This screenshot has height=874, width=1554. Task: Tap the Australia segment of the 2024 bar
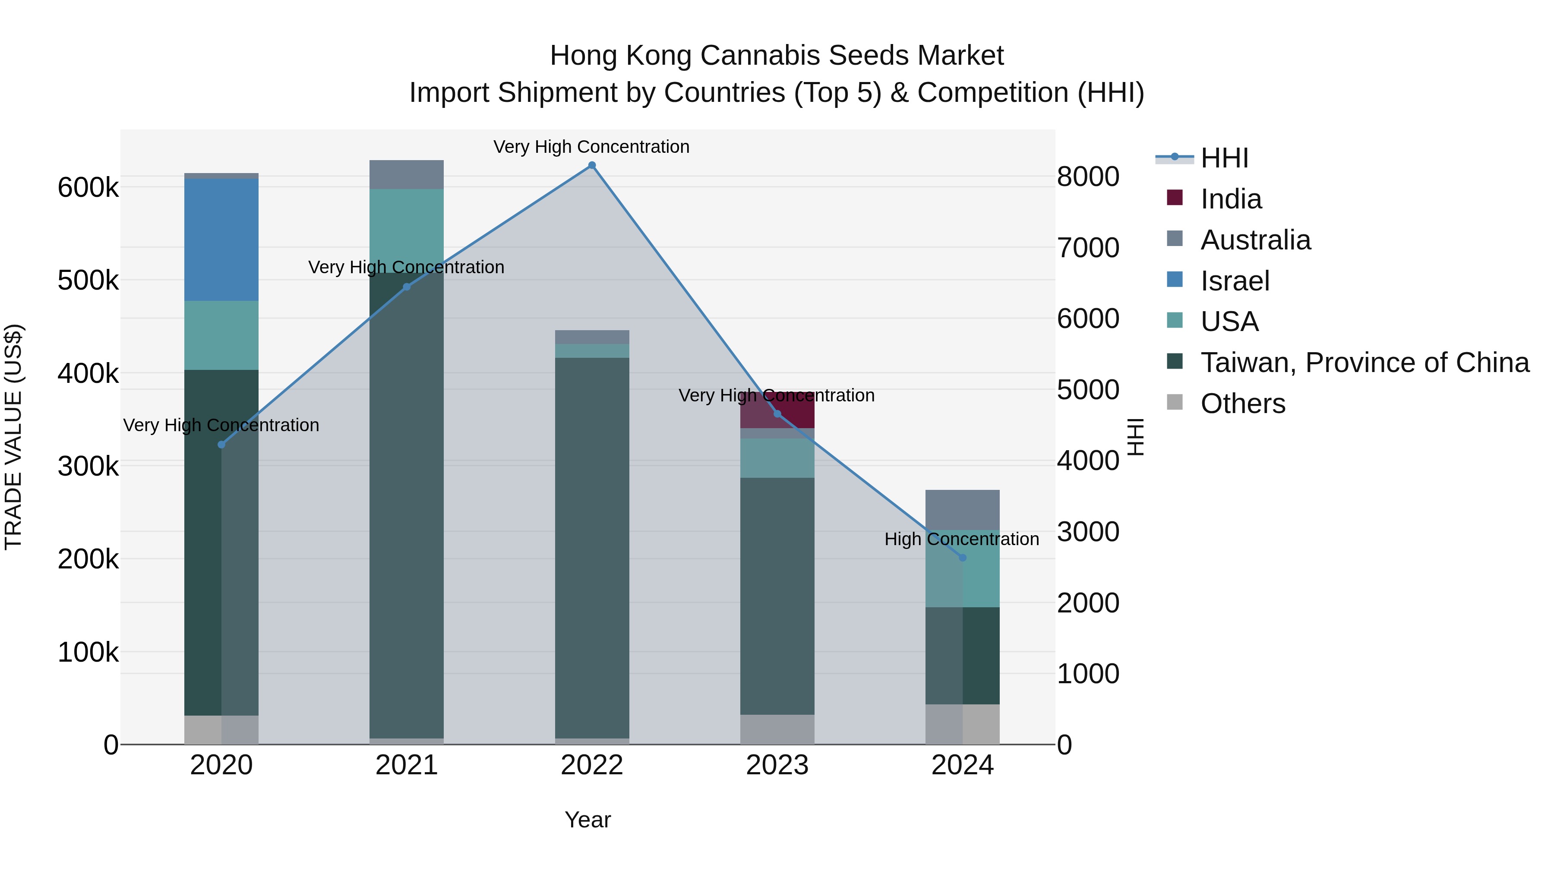coord(962,510)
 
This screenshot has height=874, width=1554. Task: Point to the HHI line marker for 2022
coord(592,165)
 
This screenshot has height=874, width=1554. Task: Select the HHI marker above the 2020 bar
coord(221,445)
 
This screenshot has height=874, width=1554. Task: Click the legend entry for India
coord(1230,199)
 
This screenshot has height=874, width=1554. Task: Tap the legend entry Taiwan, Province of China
coord(1364,363)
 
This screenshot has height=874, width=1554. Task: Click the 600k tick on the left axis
coord(88,188)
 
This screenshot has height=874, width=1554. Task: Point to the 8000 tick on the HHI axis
coord(1088,177)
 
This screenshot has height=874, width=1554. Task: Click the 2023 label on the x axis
coord(777,765)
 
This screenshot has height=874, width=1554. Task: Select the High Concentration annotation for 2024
coord(962,539)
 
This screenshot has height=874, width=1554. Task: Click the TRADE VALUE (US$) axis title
coord(13,437)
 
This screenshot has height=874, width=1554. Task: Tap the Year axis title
coord(587,820)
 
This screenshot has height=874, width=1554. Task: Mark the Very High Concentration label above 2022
coord(591,147)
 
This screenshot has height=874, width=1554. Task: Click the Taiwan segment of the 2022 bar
coord(592,543)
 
